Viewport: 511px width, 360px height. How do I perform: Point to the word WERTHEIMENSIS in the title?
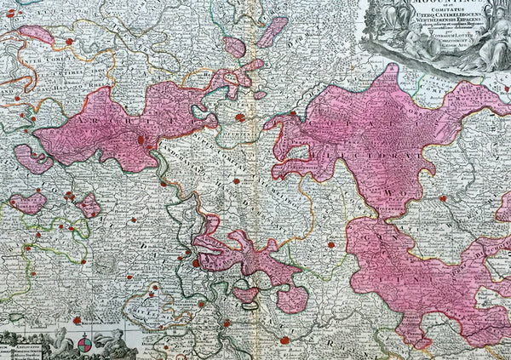pos(399,26)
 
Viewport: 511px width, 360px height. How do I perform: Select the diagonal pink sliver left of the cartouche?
pos(272,31)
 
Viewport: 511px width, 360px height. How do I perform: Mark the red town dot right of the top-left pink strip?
pos(69,41)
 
